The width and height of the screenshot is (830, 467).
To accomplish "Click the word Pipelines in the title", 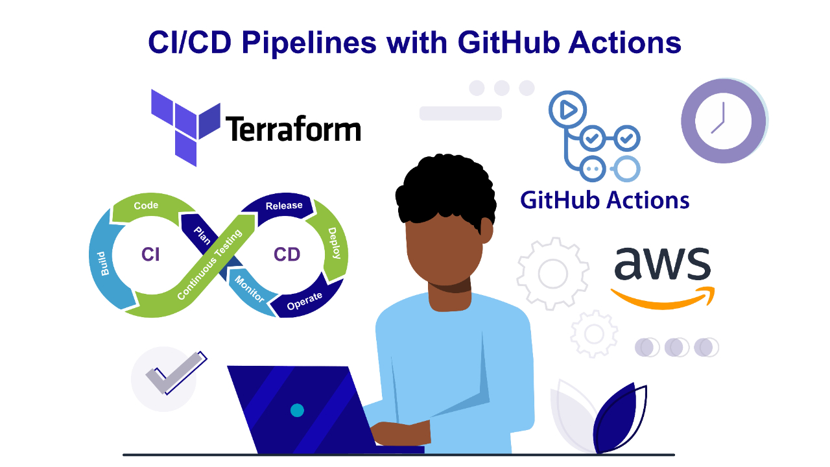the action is (309, 43).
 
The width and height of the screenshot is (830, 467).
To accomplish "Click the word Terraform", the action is (293, 128).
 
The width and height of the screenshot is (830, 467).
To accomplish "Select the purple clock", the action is (724, 121).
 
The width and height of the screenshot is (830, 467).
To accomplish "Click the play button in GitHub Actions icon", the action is (567, 110).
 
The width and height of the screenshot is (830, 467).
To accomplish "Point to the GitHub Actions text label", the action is (605, 200).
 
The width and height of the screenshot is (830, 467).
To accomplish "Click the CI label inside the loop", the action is (150, 255).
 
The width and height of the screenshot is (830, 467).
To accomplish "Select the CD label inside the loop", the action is (287, 255).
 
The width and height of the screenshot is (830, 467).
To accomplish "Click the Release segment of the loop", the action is (281, 206).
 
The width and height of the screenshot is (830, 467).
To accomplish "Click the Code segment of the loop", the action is (148, 206).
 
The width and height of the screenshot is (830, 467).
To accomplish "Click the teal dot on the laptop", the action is (297, 411).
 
